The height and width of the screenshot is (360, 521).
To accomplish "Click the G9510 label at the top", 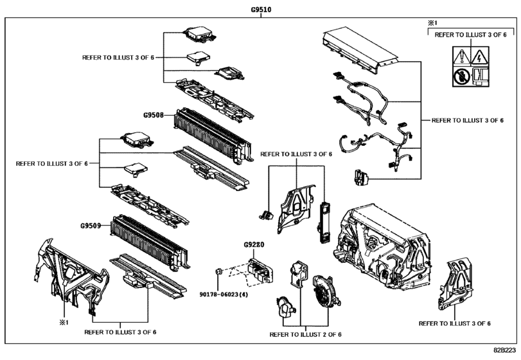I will pyautogui.click(x=260, y=10).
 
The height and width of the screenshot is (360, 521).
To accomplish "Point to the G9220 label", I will pyautogui.click(x=254, y=246).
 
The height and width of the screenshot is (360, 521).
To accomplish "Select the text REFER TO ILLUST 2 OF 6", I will pyautogui.click(x=305, y=335).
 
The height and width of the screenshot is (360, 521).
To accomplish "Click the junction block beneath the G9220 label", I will pyautogui.click(x=260, y=269).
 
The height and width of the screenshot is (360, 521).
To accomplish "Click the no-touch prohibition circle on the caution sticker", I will pyautogui.click(x=461, y=76).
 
